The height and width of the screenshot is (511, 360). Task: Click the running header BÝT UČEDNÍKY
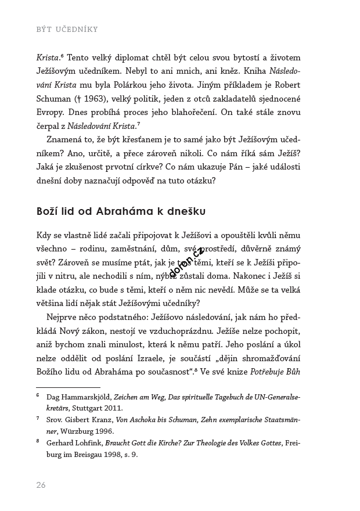point(67,29)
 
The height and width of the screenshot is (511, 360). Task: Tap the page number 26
point(41,485)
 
